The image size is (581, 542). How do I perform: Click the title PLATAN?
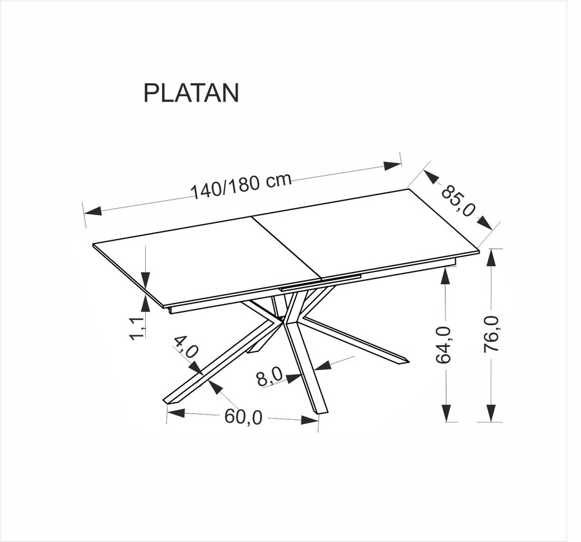click(191, 92)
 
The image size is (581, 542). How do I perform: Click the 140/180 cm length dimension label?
click(241, 186)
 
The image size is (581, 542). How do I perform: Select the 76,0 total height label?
click(491, 333)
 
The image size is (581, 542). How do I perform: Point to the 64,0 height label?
click(444, 345)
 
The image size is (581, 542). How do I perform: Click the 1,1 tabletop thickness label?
click(138, 328)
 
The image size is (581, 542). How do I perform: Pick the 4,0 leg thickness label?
click(185, 347)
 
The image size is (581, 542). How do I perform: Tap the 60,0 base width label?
click(243, 417)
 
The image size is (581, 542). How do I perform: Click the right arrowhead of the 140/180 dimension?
click(392, 165)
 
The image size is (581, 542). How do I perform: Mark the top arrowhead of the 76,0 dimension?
click(491, 257)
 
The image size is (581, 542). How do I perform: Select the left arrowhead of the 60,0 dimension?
click(176, 413)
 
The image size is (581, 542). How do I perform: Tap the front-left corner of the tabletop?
click(165, 307)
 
